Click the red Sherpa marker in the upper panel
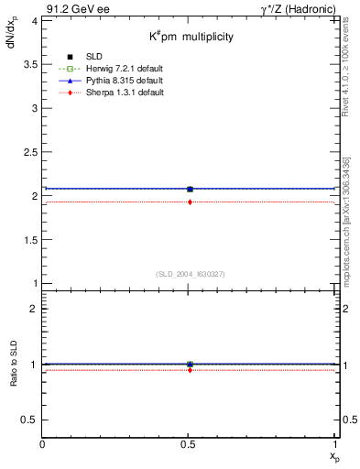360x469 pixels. [190, 202]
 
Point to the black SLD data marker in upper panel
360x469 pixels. [190, 189]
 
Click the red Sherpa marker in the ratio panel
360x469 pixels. [190, 369]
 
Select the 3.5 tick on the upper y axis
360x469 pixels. [31, 64]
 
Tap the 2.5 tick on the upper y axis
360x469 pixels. [31, 152]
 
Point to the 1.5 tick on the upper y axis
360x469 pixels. [31, 240]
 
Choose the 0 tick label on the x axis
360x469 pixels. [43, 444]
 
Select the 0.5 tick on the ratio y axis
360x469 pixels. [31, 420]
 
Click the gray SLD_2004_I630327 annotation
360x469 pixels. [190, 275]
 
